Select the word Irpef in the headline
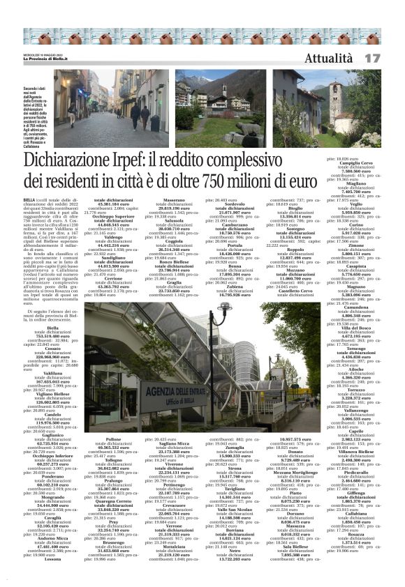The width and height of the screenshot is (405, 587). (147, 165)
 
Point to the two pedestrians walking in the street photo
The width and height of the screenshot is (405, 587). (140, 115)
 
